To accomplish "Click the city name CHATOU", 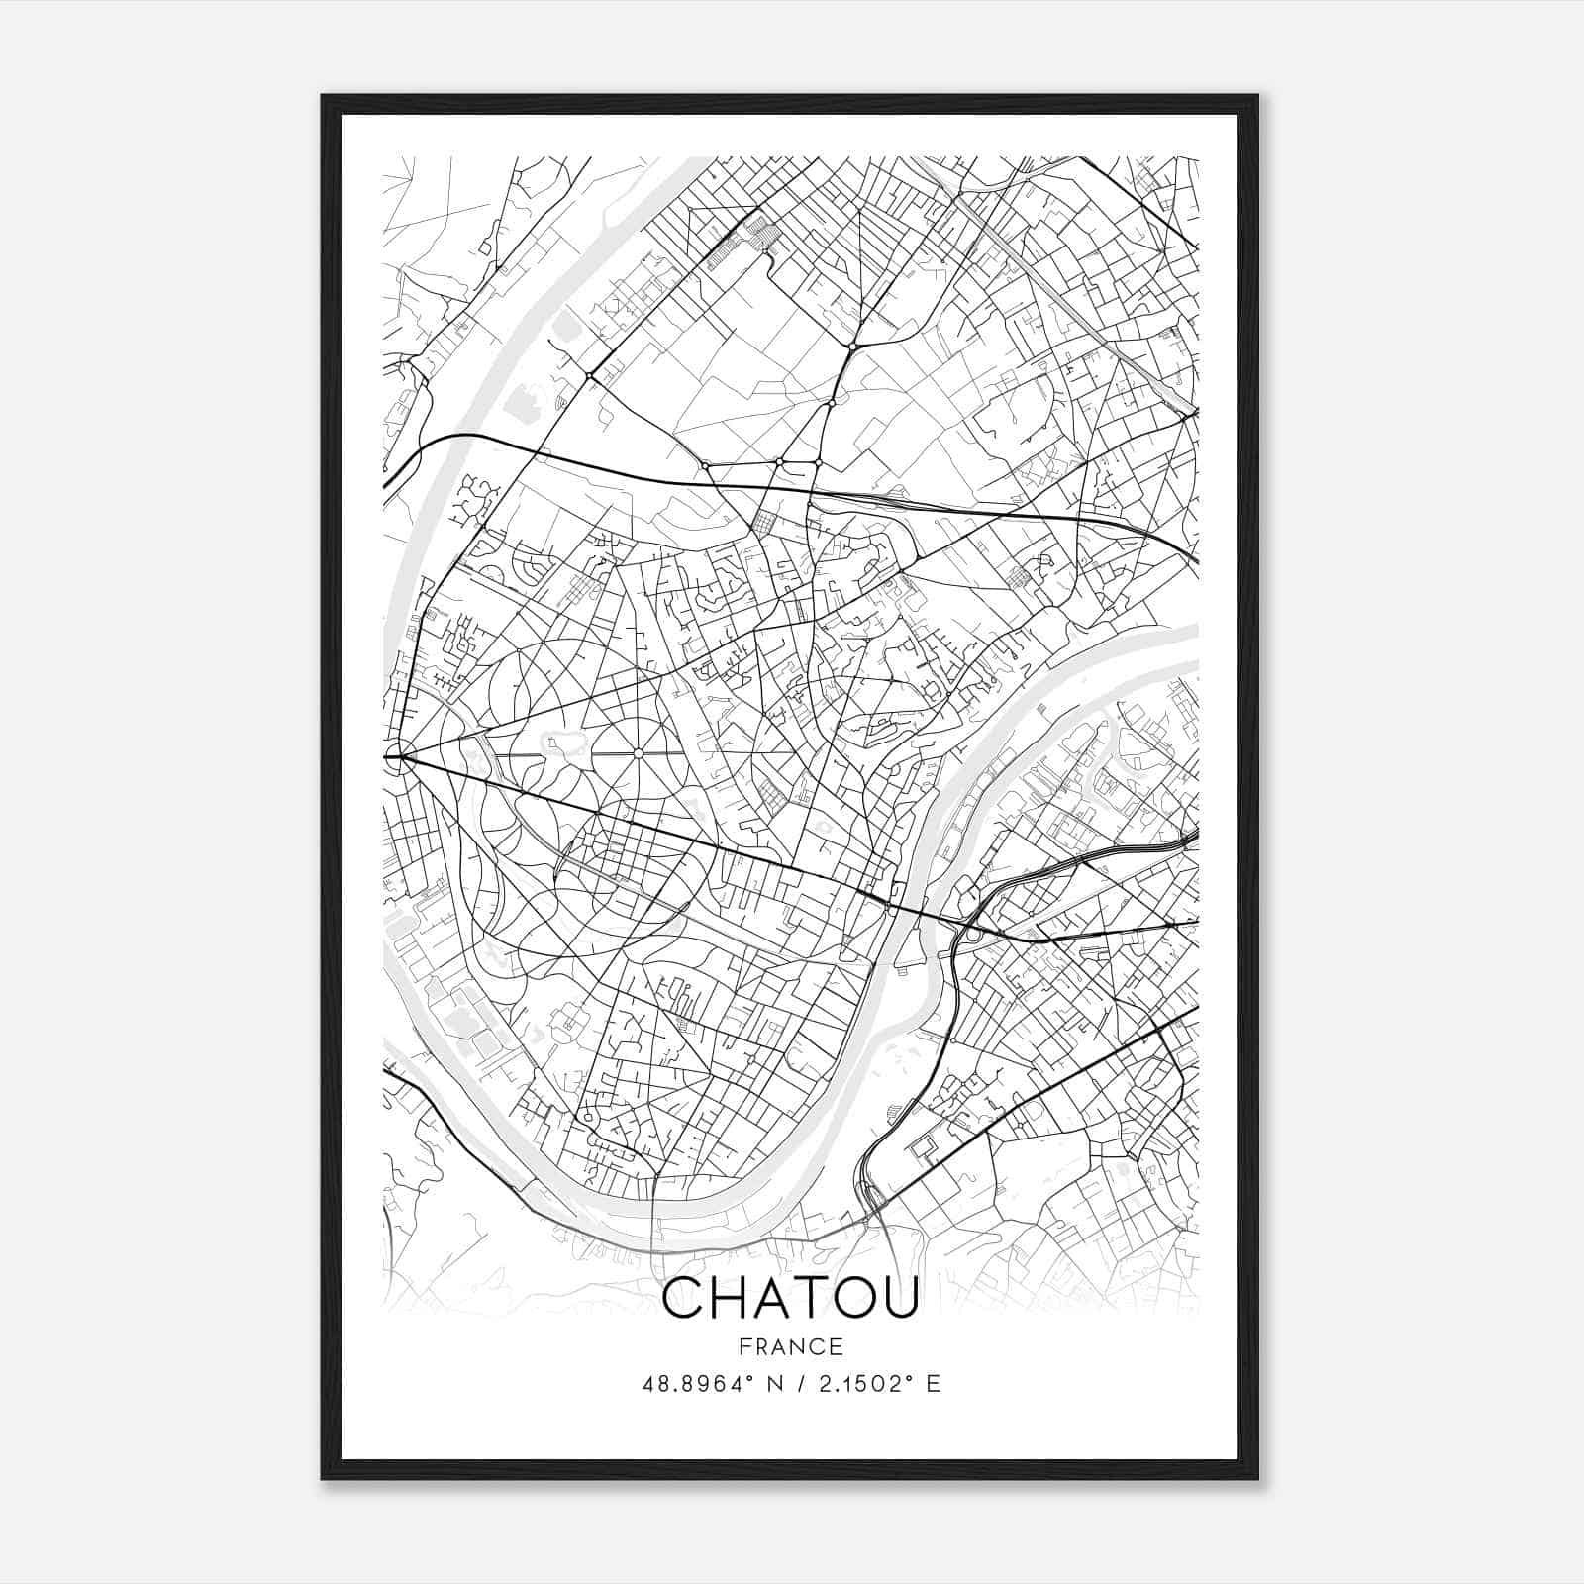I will (790, 1298).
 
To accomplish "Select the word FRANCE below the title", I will (790, 1346).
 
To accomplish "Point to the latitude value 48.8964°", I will (697, 1384).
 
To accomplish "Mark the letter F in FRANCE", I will (742, 1346).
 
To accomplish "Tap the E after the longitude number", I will (933, 1384).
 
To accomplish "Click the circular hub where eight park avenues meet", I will (639, 754).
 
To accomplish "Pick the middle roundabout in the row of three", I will (780, 462).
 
